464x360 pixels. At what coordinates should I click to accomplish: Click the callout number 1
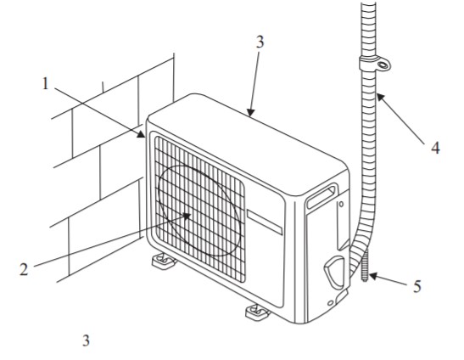point(45,83)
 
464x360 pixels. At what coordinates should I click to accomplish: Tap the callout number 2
point(24,269)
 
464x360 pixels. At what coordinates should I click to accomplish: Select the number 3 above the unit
point(260,42)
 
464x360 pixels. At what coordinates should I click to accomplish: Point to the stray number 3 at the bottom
point(86,340)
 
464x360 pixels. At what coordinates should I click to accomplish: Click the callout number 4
point(435,148)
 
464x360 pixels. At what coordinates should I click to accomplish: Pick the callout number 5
point(416,286)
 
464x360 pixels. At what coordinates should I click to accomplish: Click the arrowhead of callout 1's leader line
point(141,134)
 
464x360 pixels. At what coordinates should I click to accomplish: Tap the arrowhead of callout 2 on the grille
point(187,216)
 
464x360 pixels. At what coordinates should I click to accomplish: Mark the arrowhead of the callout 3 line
point(250,113)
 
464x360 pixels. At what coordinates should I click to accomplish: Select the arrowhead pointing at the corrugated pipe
point(381,98)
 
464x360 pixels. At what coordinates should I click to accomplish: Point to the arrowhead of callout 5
point(374,276)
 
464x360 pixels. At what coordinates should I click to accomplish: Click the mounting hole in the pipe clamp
point(383,65)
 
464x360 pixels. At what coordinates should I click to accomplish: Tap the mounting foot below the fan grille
point(163,262)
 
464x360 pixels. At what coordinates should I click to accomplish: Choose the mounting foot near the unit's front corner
point(257,312)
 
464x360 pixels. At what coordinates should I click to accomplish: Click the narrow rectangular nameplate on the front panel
point(265,222)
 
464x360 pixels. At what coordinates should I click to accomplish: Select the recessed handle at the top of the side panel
point(321,196)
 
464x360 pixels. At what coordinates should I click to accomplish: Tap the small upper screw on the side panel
point(342,204)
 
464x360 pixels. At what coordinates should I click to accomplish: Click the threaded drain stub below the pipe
point(365,267)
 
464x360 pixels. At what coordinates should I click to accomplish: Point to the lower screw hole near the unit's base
point(331,303)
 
